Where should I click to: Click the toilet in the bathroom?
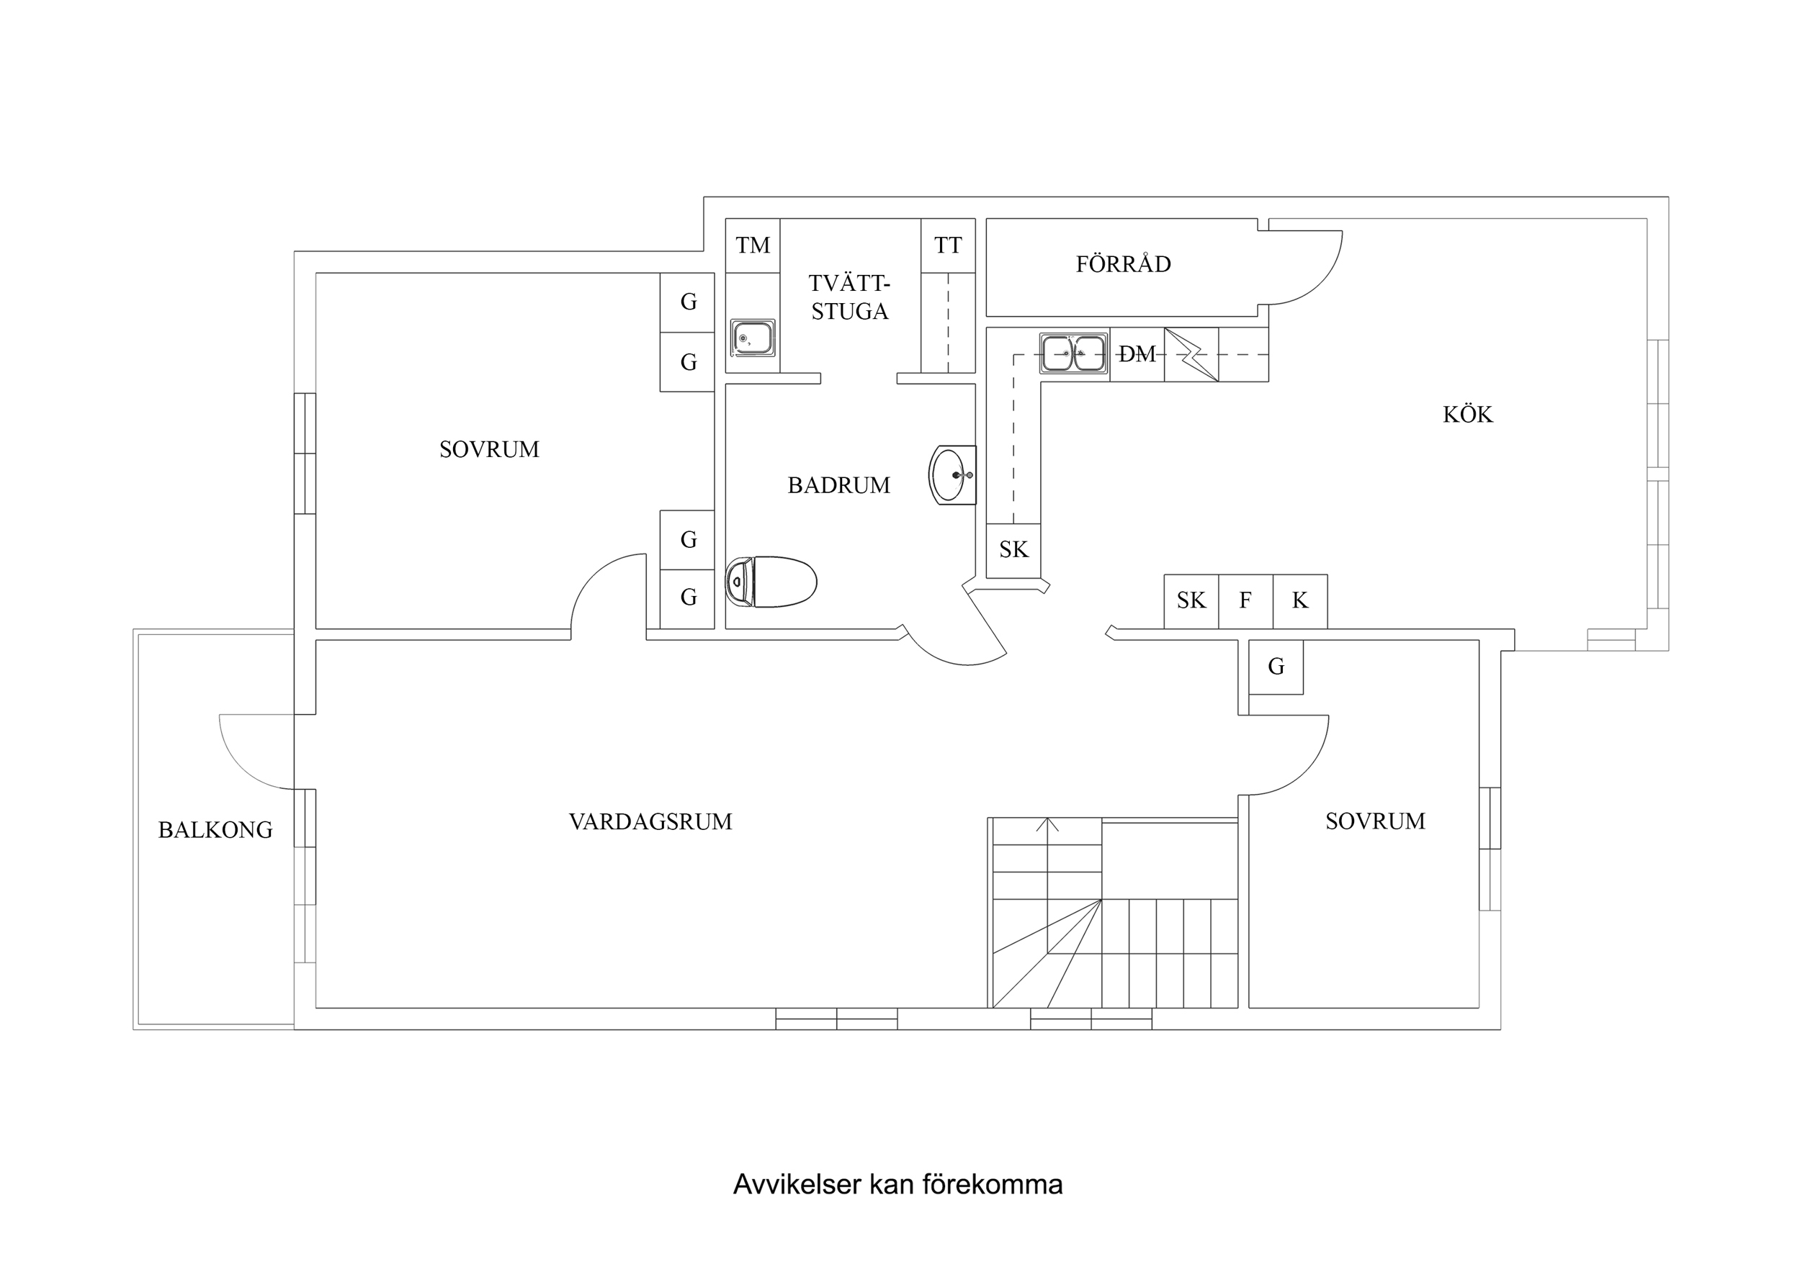pyautogui.click(x=771, y=582)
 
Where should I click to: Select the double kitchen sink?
pyautogui.click(x=1074, y=353)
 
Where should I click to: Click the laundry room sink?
pyautogui.click(x=753, y=338)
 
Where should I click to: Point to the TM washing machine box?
pyautogui.click(x=753, y=246)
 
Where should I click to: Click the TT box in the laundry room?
pyautogui.click(x=948, y=246)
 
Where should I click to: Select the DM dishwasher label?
pyautogui.click(x=1137, y=354)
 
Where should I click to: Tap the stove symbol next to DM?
pyautogui.click(x=1191, y=354)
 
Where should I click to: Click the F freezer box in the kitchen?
pyautogui.click(x=1245, y=601)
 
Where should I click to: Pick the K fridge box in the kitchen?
pyautogui.click(x=1300, y=601)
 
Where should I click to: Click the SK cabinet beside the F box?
pyautogui.click(x=1191, y=601)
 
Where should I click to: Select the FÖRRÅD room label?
pyautogui.click(x=1123, y=264)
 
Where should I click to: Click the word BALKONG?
pyautogui.click(x=215, y=830)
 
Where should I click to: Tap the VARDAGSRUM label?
pyautogui.click(x=650, y=821)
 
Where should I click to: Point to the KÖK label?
pyautogui.click(x=1468, y=415)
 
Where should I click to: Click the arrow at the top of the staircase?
pyautogui.click(x=1047, y=824)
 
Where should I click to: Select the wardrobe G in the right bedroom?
pyautogui.click(x=1276, y=667)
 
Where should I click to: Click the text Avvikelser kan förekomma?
pyautogui.click(x=897, y=1184)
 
